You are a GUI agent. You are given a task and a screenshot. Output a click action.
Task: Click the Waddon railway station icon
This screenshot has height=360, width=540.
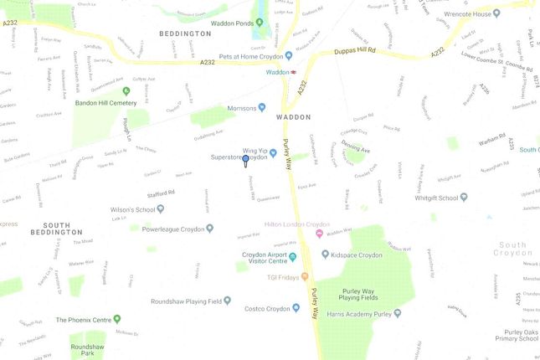[x=296, y=72]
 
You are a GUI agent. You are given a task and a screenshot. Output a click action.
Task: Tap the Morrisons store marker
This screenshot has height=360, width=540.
[x=262, y=107]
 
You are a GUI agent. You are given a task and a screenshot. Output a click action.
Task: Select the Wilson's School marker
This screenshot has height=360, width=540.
[x=162, y=210]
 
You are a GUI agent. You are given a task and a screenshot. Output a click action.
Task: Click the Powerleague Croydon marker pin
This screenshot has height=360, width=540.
[x=209, y=227]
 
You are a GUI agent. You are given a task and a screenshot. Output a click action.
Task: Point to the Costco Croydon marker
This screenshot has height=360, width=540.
[x=296, y=307]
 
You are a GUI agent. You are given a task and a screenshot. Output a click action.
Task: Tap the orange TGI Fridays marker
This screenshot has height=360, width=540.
[x=305, y=276]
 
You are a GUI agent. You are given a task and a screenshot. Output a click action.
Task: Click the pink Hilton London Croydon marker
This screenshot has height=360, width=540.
[x=319, y=233]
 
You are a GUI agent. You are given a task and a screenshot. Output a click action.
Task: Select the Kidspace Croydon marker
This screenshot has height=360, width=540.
[x=324, y=254]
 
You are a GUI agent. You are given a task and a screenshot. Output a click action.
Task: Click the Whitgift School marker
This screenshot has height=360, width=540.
[x=465, y=198]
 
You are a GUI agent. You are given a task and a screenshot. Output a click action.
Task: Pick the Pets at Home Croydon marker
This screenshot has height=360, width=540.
[x=288, y=55]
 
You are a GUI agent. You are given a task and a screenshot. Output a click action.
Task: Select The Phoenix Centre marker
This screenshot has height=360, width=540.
[x=116, y=319]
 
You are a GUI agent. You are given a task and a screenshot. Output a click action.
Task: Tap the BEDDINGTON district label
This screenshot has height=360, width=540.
[x=185, y=33]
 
